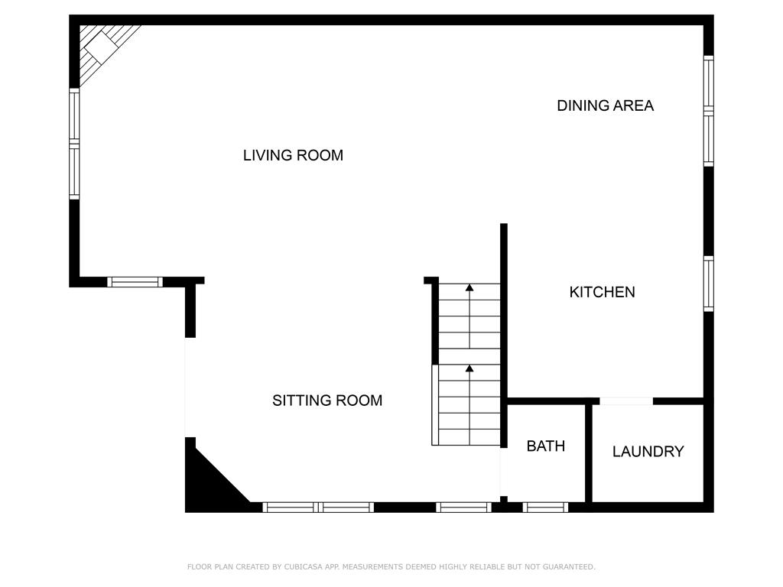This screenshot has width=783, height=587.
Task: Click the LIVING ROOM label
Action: click(293, 155)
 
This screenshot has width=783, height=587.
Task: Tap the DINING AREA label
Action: click(605, 105)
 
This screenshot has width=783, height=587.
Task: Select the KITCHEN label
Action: click(602, 292)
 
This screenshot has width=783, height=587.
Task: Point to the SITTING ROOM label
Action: click(327, 401)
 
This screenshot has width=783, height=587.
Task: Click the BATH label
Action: click(546, 446)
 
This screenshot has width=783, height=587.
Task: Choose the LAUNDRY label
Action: click(648, 452)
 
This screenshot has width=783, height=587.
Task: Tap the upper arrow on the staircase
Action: click(469, 288)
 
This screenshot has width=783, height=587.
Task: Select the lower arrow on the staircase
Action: click(469, 369)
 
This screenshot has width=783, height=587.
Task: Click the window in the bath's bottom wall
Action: click(545, 507)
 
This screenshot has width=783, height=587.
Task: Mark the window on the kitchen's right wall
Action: click(709, 284)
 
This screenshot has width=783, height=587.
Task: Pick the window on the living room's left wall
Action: click(74, 144)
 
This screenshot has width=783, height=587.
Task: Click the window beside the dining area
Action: click(709, 111)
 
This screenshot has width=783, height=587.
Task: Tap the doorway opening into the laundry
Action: click(626, 401)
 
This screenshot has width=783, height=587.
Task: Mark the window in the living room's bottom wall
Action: click(135, 282)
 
